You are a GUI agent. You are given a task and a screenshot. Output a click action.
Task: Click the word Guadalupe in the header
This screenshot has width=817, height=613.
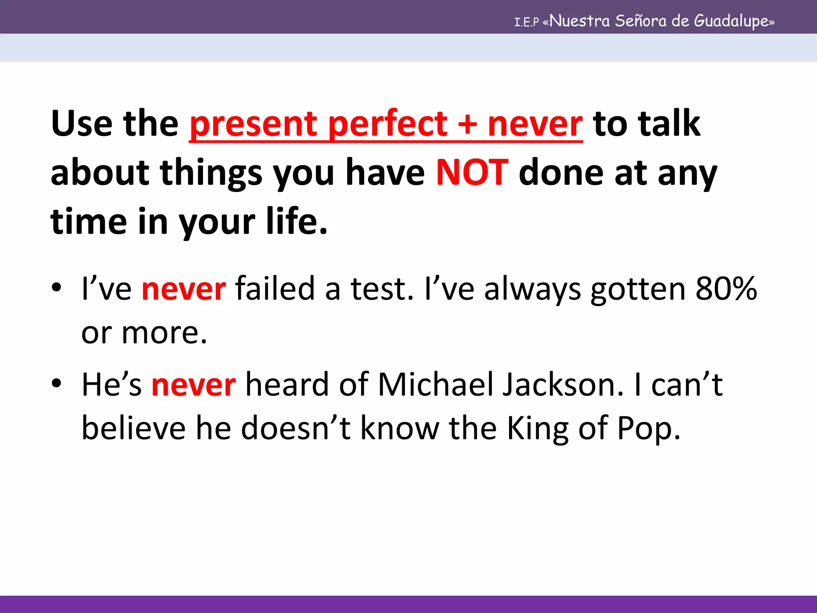(x=734, y=21)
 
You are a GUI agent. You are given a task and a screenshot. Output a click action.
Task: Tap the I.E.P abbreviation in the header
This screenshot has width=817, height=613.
(x=526, y=22)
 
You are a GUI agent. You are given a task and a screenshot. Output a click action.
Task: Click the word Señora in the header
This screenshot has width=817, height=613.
(x=640, y=21)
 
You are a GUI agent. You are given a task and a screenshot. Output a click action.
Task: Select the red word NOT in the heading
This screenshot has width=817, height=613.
(x=472, y=172)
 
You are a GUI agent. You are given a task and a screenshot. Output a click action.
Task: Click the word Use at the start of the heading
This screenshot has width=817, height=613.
(x=82, y=124)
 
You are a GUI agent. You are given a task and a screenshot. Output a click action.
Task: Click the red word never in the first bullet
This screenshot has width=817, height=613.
(x=184, y=289)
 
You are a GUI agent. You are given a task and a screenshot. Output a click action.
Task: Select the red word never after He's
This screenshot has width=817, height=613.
(x=193, y=385)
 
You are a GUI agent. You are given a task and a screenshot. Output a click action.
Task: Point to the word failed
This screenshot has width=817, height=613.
(x=275, y=288)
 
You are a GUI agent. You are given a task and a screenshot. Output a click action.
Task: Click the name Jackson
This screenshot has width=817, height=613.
(x=562, y=385)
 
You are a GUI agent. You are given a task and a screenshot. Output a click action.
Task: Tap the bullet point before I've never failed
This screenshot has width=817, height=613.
(x=57, y=287)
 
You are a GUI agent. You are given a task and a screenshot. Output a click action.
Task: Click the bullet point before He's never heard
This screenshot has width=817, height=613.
(x=57, y=383)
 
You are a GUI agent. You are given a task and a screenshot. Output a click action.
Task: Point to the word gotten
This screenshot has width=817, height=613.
(x=637, y=289)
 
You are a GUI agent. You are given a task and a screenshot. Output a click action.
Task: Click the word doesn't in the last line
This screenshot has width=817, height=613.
(x=296, y=428)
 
